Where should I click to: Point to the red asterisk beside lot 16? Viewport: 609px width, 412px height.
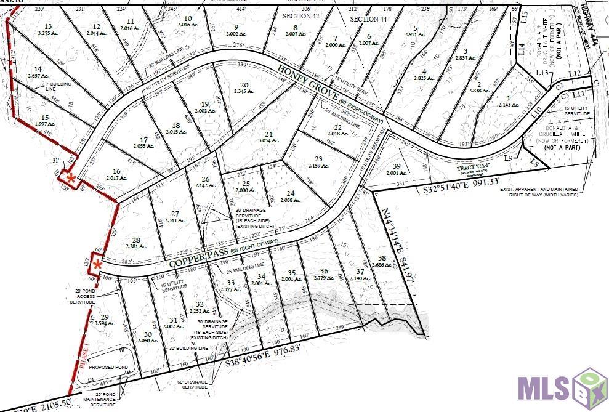(x=71, y=179)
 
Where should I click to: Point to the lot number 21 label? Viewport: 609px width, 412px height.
(x=268, y=134)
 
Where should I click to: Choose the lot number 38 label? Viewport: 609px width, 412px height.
(x=382, y=258)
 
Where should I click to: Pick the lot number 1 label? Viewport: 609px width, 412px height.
(x=508, y=99)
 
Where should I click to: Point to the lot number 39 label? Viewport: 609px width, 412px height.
(x=397, y=167)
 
